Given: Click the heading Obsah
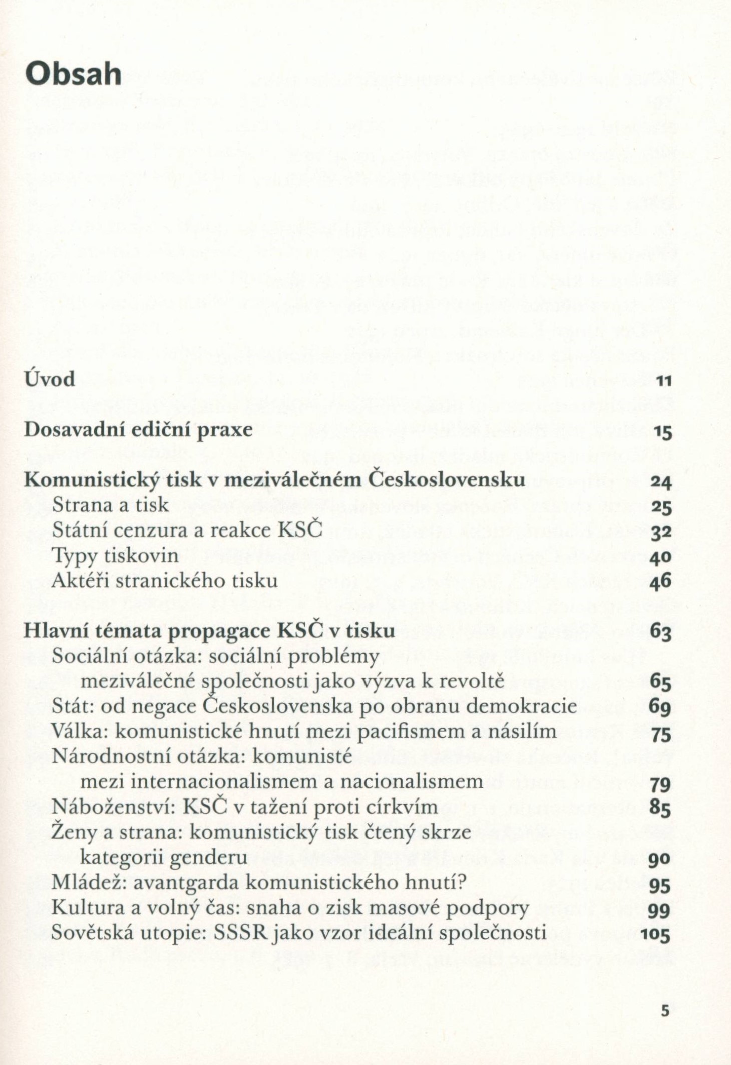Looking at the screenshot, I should [73, 75].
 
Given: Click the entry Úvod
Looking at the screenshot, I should [50, 378].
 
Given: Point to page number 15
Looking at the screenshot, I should [662, 432].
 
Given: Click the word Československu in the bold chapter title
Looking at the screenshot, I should [447, 479].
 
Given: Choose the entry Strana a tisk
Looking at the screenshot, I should [110, 505].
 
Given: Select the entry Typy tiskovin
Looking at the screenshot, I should [115, 556].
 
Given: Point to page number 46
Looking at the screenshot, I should [661, 582].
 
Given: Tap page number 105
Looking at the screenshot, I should [655, 934].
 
